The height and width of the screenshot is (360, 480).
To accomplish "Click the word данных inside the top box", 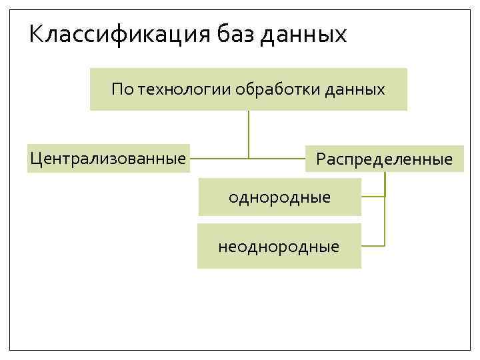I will tap(355, 89).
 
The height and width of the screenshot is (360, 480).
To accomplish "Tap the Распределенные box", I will tap(384, 159).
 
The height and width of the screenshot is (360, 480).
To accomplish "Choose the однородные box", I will tap(279, 197).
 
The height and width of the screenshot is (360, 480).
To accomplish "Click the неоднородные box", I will tap(279, 247).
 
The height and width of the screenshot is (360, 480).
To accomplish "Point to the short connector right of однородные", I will tap(373, 197).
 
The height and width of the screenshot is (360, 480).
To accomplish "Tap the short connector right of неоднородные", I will tap(373, 246).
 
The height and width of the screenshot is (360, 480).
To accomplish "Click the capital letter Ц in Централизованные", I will tap(35, 159).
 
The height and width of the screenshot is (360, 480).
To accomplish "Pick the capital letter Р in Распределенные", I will tap(321, 159).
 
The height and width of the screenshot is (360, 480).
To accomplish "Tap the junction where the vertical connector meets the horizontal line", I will tap(249, 159).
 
